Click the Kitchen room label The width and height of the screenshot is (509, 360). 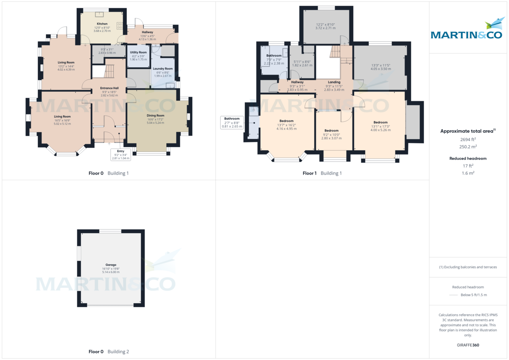click(102, 24)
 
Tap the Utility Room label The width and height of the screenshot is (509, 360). click(138, 52)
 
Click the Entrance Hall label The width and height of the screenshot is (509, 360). click(109, 88)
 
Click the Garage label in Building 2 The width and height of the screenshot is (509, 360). click(111, 265)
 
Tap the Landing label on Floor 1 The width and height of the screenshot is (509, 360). click(334, 82)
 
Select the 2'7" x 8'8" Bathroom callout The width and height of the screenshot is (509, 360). click(232, 123)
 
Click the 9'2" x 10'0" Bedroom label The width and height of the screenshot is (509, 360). click(331, 131)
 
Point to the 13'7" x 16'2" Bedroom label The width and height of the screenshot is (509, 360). click(286, 121)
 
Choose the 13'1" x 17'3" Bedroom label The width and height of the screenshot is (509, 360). click(380, 123)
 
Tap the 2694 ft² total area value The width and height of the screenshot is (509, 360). click(468, 139)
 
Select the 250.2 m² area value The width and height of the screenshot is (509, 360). click(468, 147)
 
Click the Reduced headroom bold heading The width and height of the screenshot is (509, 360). click(468, 159)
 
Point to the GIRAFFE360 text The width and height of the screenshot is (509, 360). click(468, 345)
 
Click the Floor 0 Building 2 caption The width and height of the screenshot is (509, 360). click(109, 352)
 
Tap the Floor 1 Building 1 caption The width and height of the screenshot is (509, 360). click(322, 173)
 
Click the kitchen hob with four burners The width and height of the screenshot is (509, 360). click(120, 26)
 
